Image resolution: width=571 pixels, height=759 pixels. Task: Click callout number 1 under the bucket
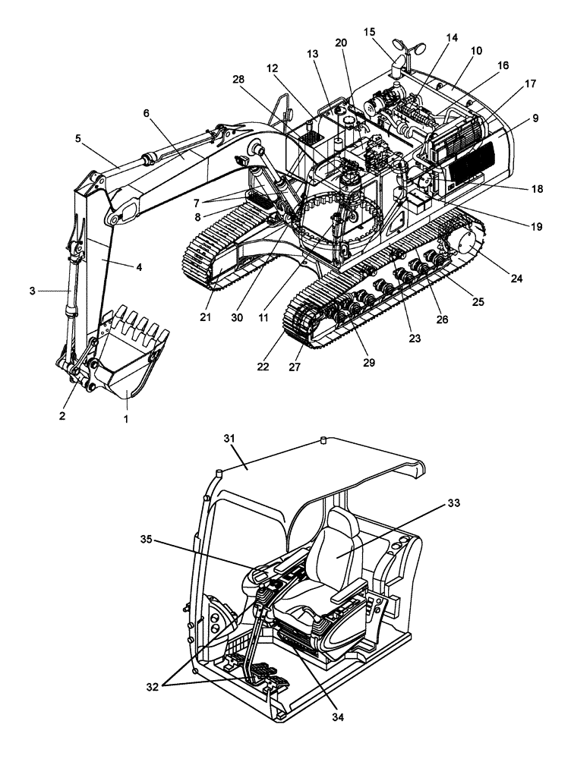tap(127, 419)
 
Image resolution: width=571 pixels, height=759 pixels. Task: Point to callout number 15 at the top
tap(370, 33)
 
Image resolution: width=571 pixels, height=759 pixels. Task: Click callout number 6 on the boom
tap(147, 112)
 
